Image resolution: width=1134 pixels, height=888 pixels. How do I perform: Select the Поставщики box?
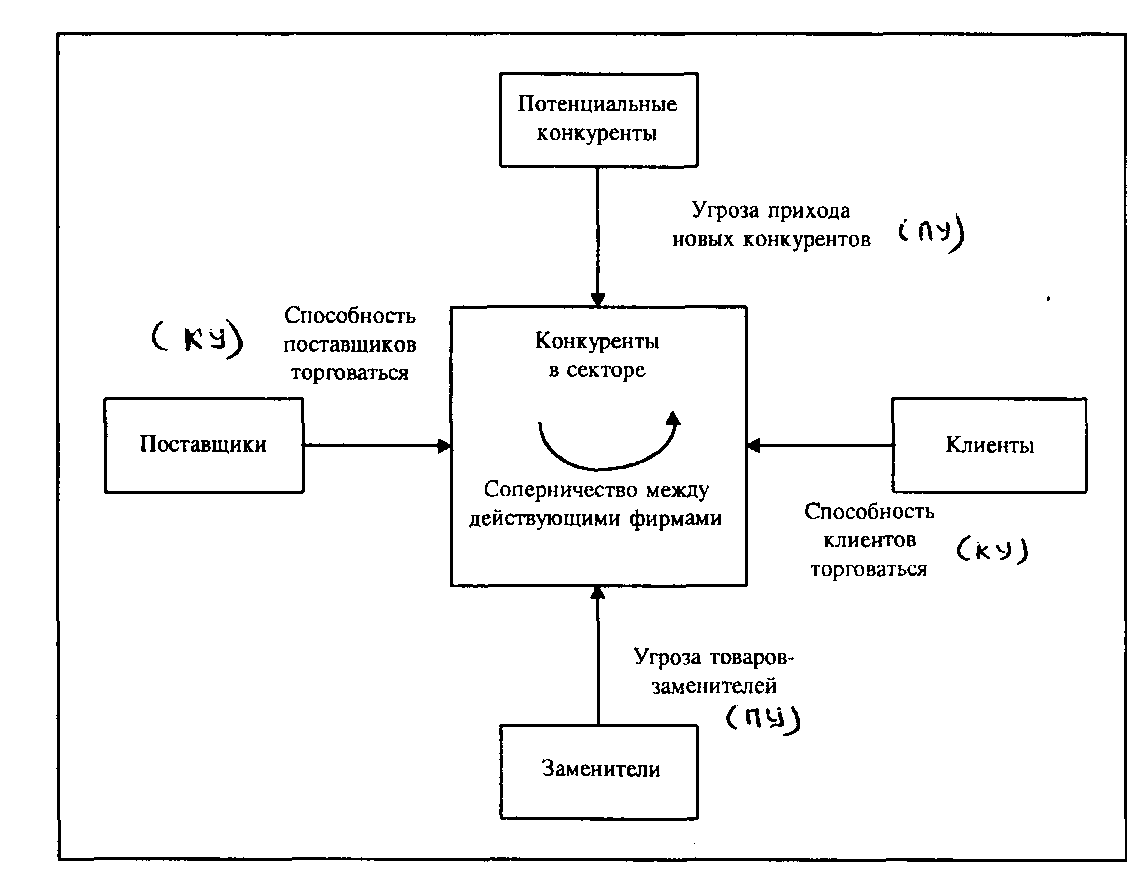coord(203,445)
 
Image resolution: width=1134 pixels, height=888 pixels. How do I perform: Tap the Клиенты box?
coord(989,445)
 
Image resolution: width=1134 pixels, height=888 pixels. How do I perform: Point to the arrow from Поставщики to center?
coord(376,445)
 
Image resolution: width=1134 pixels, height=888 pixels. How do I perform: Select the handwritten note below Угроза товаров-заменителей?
coord(764,717)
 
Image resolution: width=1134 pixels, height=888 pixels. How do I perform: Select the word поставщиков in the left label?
coord(349,344)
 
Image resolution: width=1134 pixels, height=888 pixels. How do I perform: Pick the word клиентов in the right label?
coord(869,541)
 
